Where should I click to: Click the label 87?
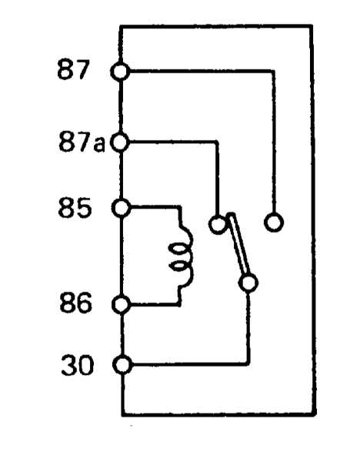(x=73, y=70)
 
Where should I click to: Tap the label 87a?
(x=82, y=142)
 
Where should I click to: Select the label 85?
(x=75, y=208)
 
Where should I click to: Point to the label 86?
(x=75, y=303)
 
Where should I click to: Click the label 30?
(x=78, y=365)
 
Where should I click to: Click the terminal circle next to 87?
(x=120, y=72)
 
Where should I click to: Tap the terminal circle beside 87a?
(x=120, y=142)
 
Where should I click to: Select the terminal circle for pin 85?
(x=122, y=208)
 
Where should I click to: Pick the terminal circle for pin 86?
(x=122, y=305)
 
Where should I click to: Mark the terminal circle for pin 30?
(x=122, y=365)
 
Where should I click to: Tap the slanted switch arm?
(x=239, y=243)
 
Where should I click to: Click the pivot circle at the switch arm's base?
(x=248, y=283)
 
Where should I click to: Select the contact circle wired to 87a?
(x=218, y=224)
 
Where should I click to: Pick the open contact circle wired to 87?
(x=274, y=223)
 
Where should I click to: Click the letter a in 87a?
(x=99, y=145)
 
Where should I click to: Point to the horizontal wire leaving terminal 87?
(x=202, y=71)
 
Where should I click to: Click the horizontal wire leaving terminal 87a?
(x=174, y=142)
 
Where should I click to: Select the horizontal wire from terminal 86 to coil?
(x=155, y=304)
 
